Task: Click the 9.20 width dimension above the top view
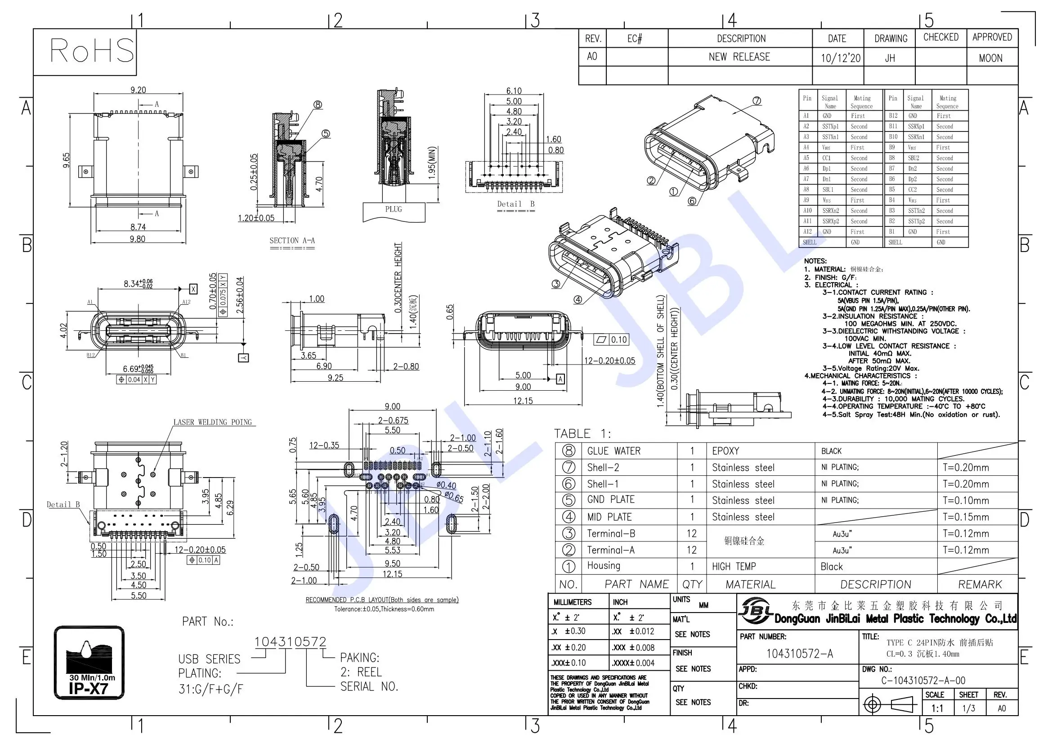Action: click(x=138, y=90)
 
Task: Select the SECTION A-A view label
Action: click(x=292, y=241)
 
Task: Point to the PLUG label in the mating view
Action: click(x=393, y=209)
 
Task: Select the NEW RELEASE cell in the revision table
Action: click(x=739, y=57)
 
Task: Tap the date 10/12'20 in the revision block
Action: click(x=840, y=58)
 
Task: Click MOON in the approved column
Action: click(x=990, y=58)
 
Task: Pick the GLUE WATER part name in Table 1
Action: click(x=613, y=451)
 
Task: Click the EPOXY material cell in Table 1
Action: click(x=725, y=451)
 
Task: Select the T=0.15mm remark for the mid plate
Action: click(x=966, y=517)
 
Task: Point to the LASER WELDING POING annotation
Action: click(x=213, y=422)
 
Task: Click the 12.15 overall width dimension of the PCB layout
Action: click(x=392, y=574)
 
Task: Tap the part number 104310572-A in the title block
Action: click(x=800, y=654)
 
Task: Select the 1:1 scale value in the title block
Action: click(x=937, y=708)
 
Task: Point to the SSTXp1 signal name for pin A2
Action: click(x=830, y=126)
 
